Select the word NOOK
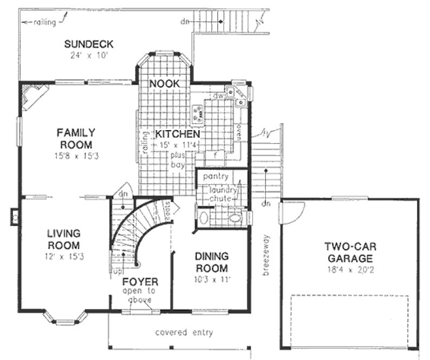click(x=165, y=83)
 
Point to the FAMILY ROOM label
click(x=76, y=138)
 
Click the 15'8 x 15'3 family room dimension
click(x=76, y=156)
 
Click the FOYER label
click(x=140, y=282)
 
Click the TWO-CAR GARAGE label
click(x=350, y=252)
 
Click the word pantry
click(x=214, y=177)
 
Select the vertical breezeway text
click(x=266, y=255)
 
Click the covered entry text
click(x=184, y=332)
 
